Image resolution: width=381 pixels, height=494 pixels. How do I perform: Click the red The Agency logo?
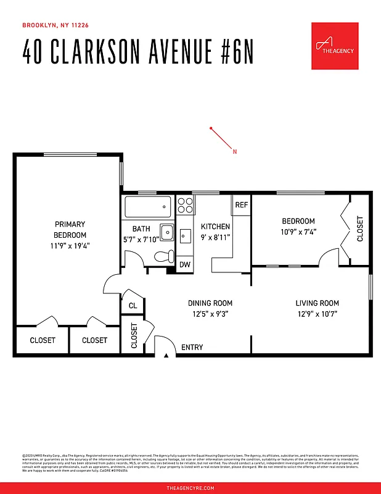tap(335, 46)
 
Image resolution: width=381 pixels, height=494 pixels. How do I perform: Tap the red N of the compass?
tap(234, 151)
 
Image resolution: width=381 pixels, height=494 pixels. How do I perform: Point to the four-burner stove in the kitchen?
tap(185, 204)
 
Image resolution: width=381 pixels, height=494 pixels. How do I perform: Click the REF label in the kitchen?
tap(241, 205)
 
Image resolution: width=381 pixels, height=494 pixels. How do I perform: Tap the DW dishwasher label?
tap(185, 265)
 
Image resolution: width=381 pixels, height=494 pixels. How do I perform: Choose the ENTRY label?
tap(192, 348)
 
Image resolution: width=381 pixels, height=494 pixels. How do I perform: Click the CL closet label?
tap(133, 306)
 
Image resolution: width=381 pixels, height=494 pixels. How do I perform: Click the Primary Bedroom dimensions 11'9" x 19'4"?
tap(70, 246)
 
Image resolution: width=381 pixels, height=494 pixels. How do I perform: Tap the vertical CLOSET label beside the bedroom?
tap(360, 228)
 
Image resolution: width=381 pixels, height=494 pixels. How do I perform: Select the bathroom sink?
tap(165, 230)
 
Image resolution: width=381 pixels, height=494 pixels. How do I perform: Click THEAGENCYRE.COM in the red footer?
tap(190, 488)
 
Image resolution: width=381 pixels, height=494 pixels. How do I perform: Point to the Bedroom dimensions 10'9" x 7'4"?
tap(298, 232)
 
